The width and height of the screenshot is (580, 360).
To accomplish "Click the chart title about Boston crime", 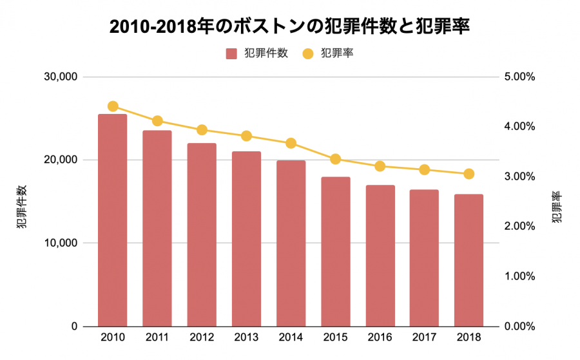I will click(289, 26).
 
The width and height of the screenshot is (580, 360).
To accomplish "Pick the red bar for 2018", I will click(469, 260).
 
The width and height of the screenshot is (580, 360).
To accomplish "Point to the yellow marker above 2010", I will click(113, 106).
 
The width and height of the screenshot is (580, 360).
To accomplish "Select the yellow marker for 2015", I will click(335, 159).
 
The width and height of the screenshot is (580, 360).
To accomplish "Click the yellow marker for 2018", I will click(469, 174).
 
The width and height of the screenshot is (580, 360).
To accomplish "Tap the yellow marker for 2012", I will click(202, 129).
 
